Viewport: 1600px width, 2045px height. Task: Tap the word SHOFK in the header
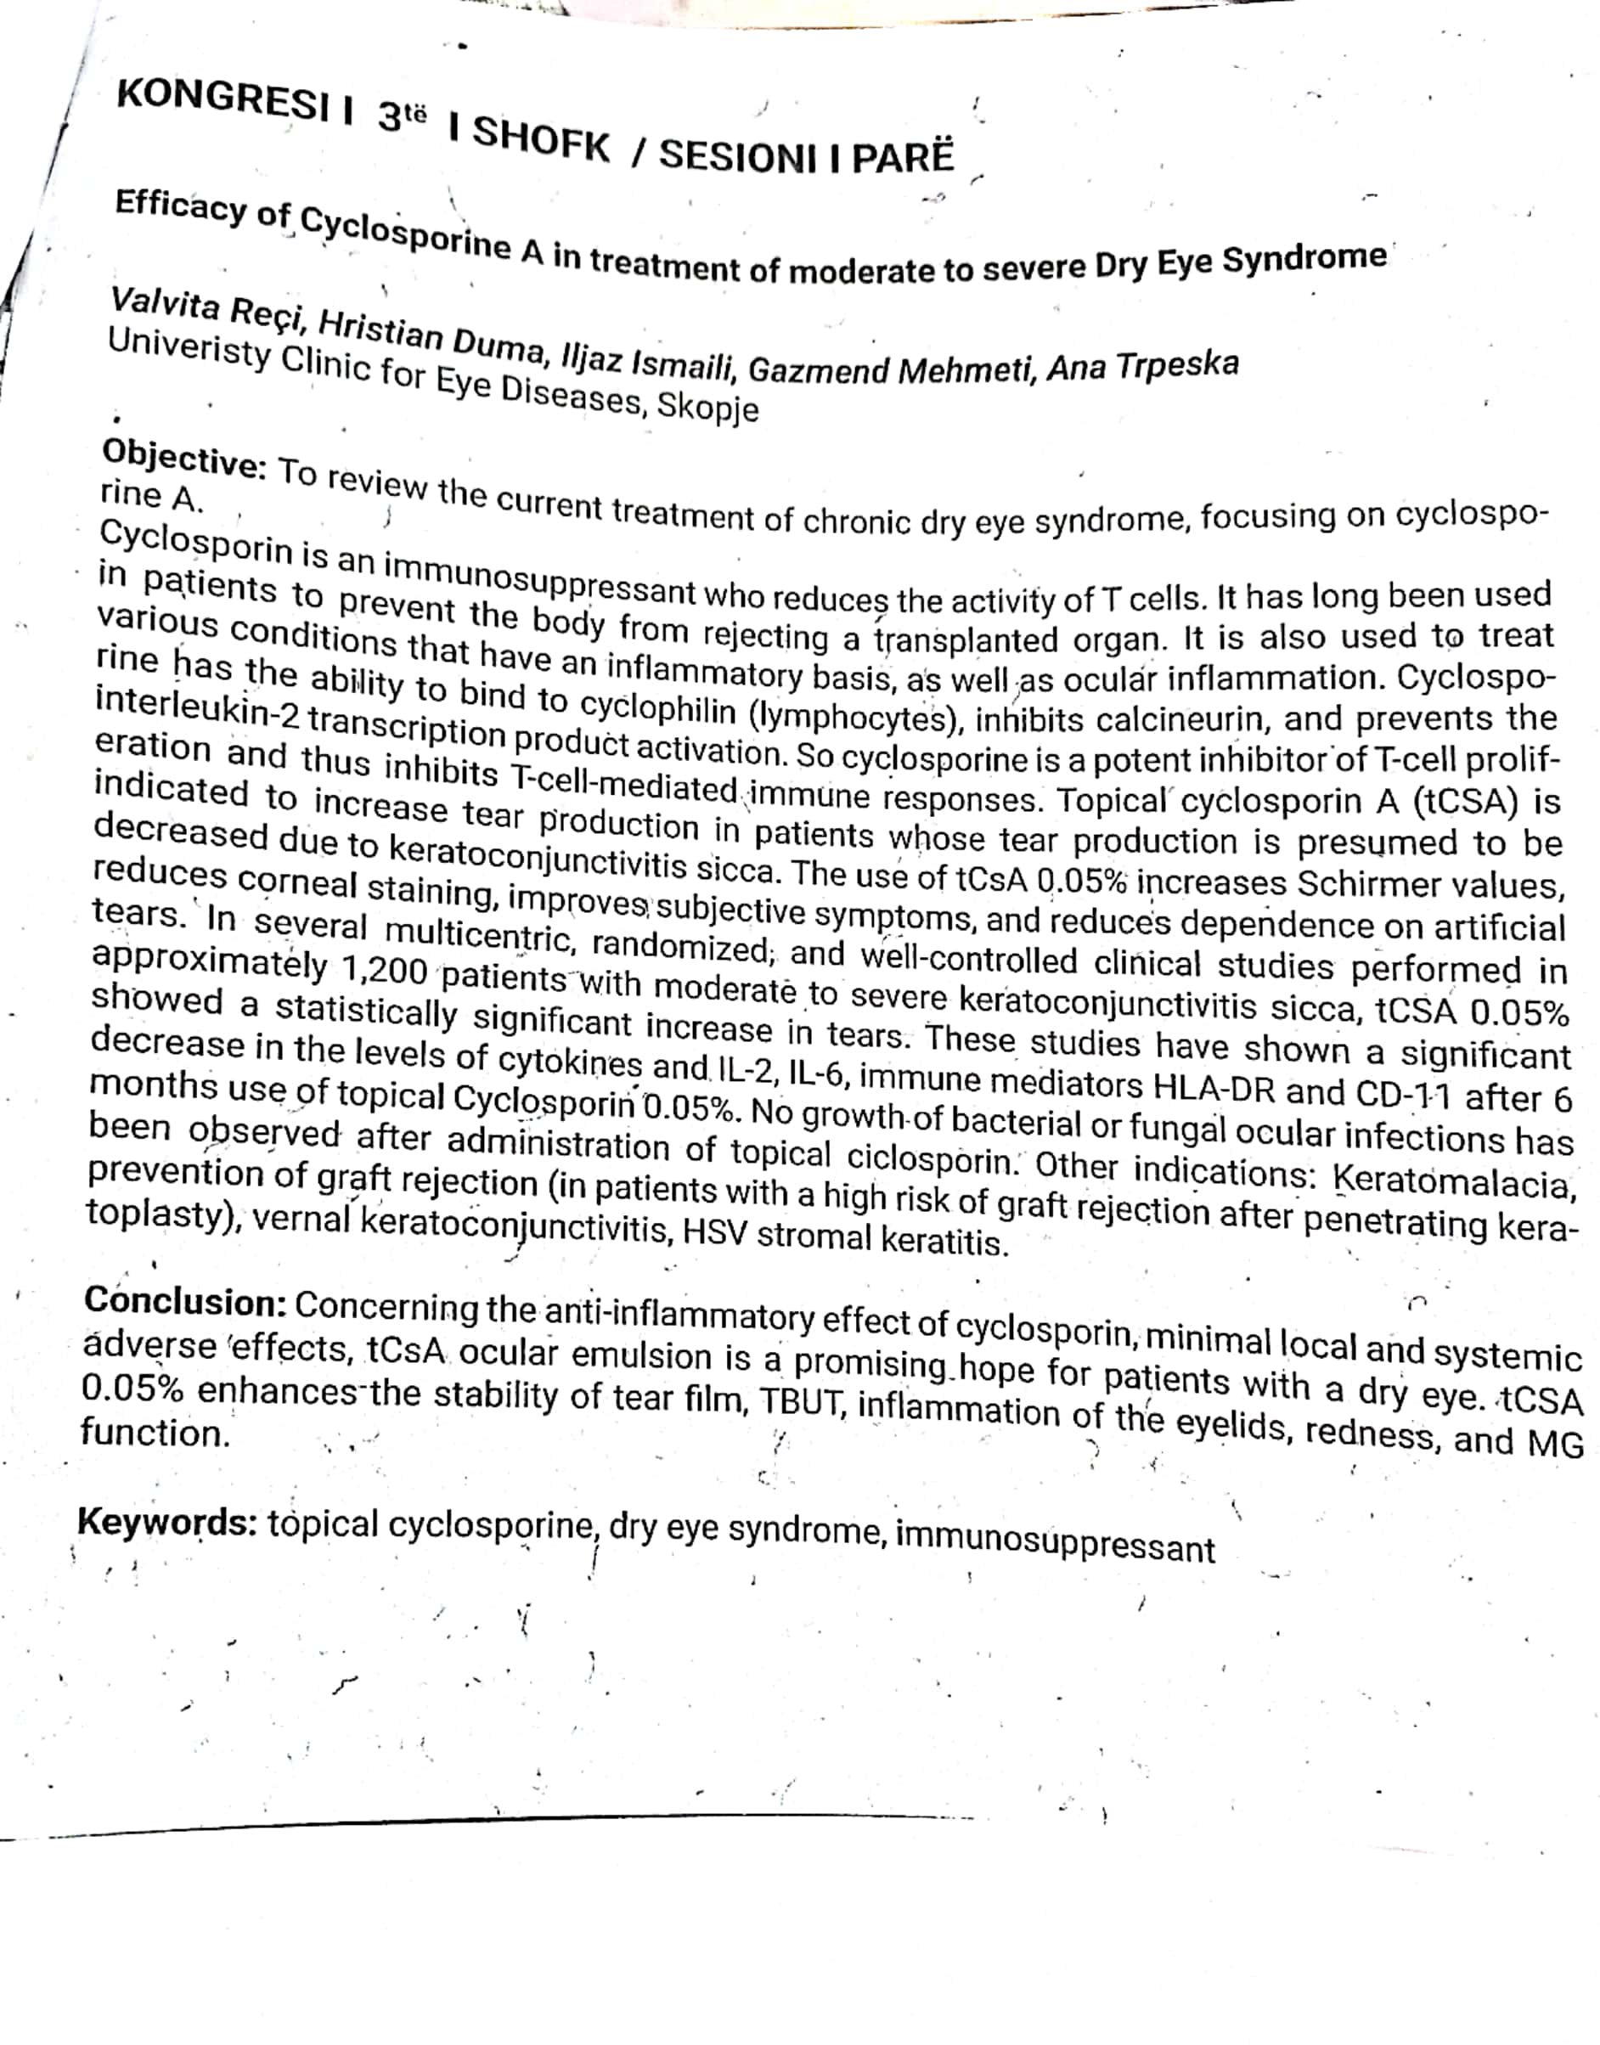coord(542,142)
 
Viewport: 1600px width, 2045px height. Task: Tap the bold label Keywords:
coord(167,1522)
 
